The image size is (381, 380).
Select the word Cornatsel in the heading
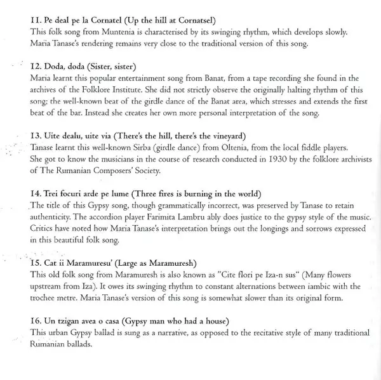[191, 22]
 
